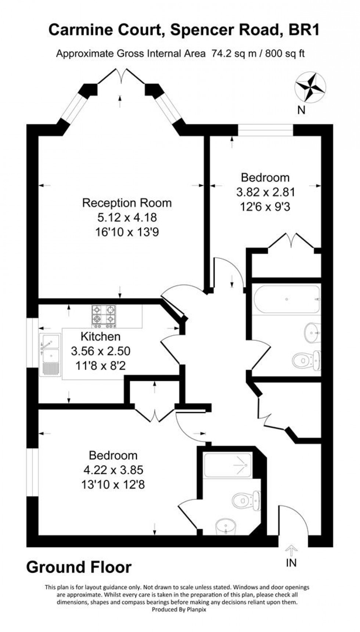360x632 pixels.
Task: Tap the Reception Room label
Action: click(127, 203)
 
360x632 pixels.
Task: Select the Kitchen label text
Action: click(100, 336)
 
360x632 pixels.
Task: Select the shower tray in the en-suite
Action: click(228, 466)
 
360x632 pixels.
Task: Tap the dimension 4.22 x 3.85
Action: click(113, 470)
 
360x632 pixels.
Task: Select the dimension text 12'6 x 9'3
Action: click(265, 207)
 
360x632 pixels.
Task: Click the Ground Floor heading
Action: click(79, 567)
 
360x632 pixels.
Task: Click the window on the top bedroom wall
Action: click(265, 130)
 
